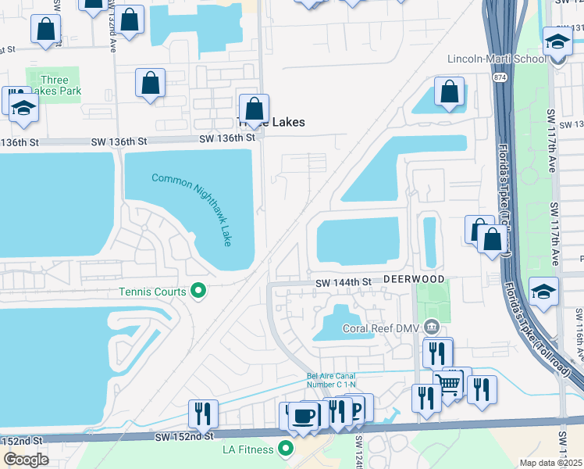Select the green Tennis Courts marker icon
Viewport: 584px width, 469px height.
coord(198,292)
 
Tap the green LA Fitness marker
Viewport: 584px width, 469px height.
coord(285,449)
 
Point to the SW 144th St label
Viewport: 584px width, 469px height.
coord(341,281)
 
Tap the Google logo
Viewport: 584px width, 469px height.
coord(26,460)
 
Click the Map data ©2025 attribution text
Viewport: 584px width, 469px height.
coord(550,463)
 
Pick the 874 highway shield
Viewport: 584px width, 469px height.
coord(498,78)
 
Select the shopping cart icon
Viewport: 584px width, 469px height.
coord(448,383)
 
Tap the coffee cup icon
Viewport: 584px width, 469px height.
coord(304,416)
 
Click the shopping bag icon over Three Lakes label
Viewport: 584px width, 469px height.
coord(253,108)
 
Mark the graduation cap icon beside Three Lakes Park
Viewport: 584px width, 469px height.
coord(23,108)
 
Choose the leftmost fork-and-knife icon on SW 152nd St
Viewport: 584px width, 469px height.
coord(203,413)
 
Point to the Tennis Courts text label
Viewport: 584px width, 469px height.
coord(152,292)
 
